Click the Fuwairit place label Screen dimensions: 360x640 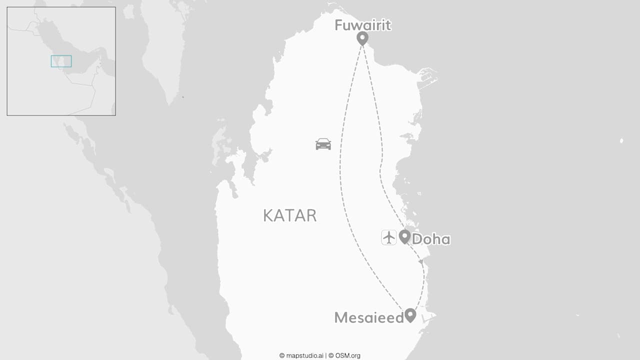point(362,25)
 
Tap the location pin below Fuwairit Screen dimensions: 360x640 point(362,37)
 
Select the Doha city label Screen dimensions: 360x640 point(431,239)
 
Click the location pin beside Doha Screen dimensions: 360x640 point(404,236)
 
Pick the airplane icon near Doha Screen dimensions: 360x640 point(388,237)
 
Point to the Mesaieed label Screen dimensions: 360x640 point(369,317)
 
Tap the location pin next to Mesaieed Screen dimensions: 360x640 point(410,315)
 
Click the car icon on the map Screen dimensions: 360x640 point(323,144)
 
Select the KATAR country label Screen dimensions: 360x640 point(290,215)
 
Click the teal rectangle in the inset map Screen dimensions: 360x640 point(61,61)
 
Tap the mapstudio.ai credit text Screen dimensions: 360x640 point(301,355)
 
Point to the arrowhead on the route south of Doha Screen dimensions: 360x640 point(420,261)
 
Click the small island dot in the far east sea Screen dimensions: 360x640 point(622,141)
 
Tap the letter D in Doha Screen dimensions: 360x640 point(417,239)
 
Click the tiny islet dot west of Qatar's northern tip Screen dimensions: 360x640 point(182,97)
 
